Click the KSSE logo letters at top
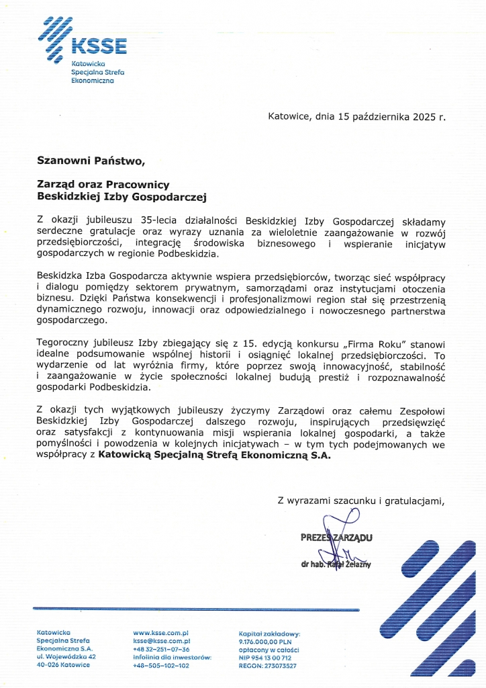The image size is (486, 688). click(x=98, y=46)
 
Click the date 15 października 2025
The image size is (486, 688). click(x=381, y=116)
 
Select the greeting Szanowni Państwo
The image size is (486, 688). click(x=91, y=161)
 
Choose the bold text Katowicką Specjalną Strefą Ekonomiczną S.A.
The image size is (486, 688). click(x=214, y=455)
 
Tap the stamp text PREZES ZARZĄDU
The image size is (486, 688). click(x=336, y=537)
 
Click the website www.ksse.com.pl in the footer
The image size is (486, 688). click(x=160, y=633)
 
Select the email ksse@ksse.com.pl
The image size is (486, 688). click(x=162, y=642)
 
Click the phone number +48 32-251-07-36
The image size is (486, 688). click(x=161, y=650)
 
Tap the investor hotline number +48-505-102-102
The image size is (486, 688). click(x=161, y=665)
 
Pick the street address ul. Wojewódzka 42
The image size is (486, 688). click(x=66, y=657)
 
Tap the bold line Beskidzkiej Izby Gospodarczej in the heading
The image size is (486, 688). click(x=121, y=197)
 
